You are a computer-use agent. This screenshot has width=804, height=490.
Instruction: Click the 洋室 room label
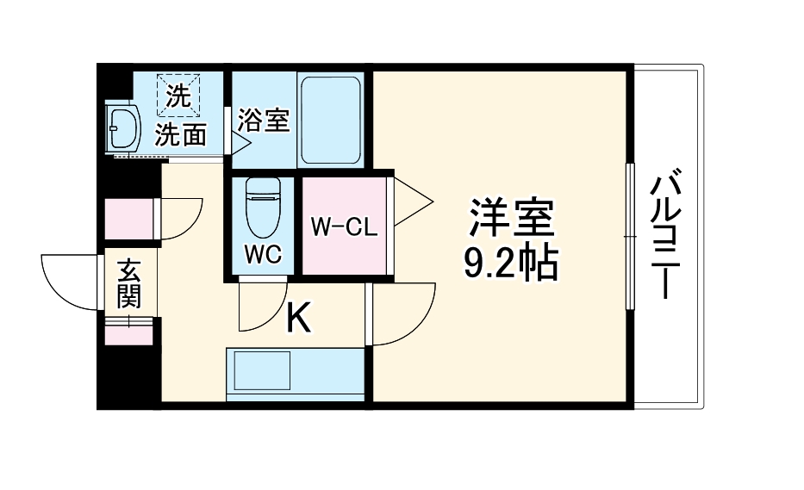(x=509, y=218)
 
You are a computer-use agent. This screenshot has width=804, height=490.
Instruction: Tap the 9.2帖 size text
(x=509, y=263)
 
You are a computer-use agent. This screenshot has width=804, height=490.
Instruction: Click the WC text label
(x=261, y=255)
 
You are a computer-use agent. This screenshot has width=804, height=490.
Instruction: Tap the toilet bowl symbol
(x=262, y=207)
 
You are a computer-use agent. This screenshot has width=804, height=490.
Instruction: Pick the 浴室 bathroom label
(x=264, y=121)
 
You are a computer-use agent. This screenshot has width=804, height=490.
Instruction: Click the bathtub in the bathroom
(x=329, y=121)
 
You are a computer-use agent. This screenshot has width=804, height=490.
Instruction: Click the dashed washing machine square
(x=178, y=95)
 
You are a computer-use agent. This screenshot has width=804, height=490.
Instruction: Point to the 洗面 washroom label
(x=181, y=134)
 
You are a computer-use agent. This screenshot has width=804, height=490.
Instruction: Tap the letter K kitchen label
(x=297, y=319)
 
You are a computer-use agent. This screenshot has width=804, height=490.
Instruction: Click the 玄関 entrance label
(x=129, y=283)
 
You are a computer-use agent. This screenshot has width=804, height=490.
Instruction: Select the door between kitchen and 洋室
(x=401, y=313)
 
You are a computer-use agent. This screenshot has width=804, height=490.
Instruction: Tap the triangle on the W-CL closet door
(x=411, y=203)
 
